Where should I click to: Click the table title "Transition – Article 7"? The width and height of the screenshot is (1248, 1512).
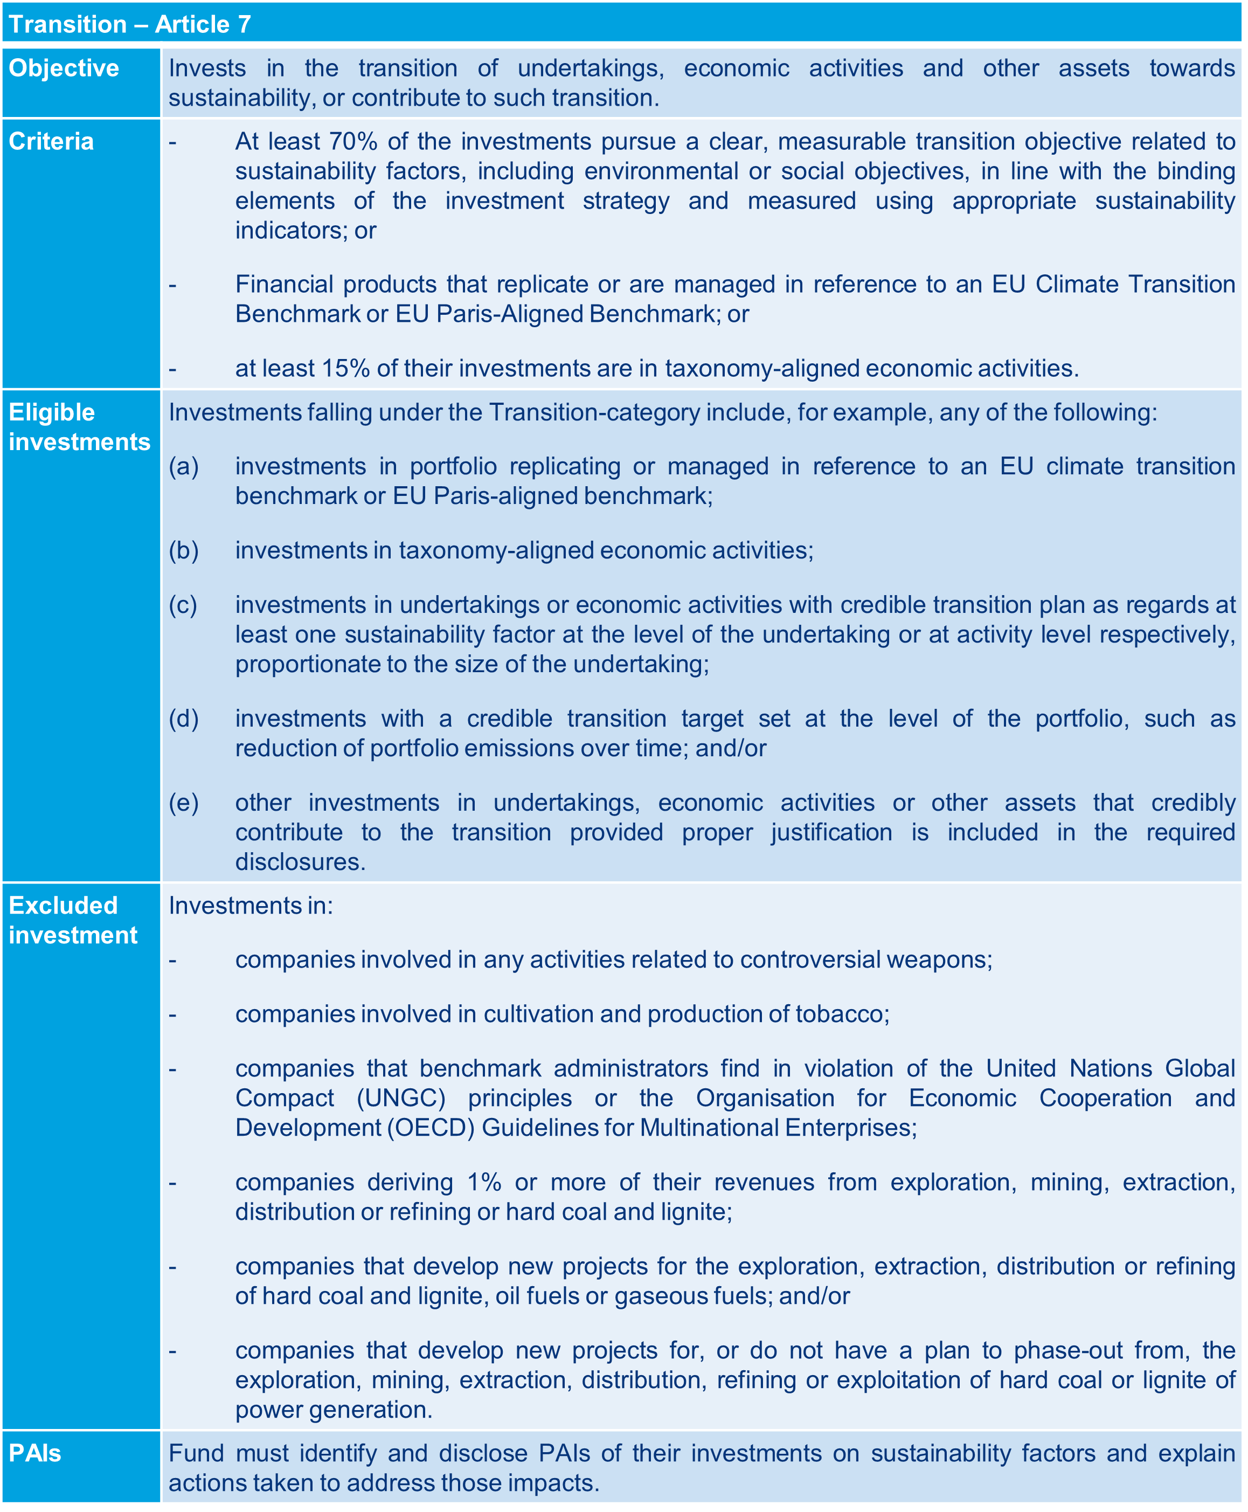click(130, 24)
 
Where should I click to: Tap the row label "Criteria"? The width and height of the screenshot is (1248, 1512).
click(51, 142)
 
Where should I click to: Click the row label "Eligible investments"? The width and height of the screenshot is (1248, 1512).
click(79, 427)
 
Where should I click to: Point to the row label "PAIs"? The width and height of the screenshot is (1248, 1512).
click(34, 1453)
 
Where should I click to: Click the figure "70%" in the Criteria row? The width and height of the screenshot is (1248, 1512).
click(353, 142)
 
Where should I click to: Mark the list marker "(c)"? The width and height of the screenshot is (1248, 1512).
click(183, 605)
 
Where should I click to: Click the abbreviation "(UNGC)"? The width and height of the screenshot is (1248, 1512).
click(401, 1098)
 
